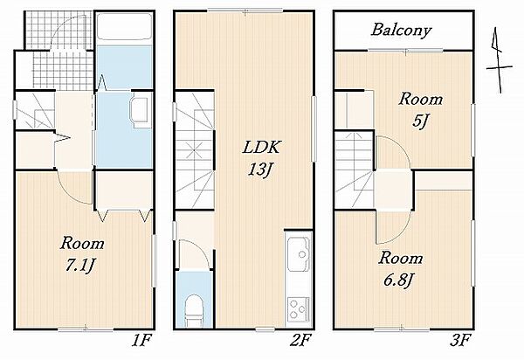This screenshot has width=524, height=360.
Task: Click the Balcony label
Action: pos(401,31)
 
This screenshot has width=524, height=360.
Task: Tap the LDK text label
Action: pos(261,147)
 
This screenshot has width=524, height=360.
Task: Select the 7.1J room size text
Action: pos(80,267)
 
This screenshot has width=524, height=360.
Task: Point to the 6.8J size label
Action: pos(397,280)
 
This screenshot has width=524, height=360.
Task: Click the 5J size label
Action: pos(420,121)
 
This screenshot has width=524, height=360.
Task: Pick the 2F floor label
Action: pos(300,342)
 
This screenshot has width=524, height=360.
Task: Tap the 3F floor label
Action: pos(460,342)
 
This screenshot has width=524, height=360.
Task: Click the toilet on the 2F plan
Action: pos(195,310)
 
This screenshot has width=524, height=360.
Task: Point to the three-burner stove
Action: pos(298,309)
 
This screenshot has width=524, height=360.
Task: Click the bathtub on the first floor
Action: pos(124,30)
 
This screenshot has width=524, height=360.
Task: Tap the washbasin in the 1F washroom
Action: pos(139,111)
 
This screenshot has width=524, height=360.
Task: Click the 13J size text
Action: pos(261,170)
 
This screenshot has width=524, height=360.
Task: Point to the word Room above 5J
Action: pos(420,100)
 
